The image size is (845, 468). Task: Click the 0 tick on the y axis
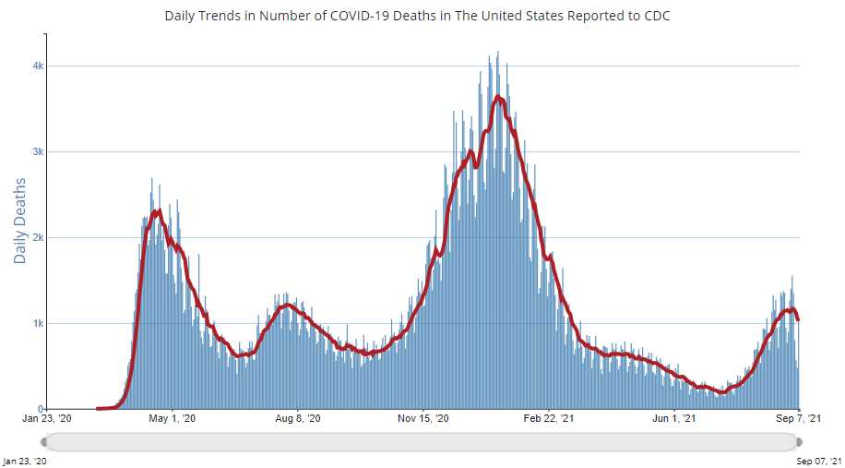point(42,409)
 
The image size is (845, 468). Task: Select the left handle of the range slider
point(44,441)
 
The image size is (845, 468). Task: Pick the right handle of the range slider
point(798,441)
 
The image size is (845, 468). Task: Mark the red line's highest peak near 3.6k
point(498,96)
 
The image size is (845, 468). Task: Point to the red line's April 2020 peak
point(159,211)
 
